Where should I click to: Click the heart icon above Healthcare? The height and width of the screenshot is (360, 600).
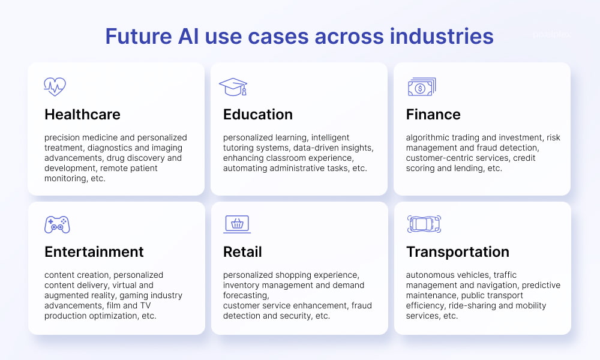(x=55, y=86)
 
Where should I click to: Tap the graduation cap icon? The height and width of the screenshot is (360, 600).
(x=233, y=87)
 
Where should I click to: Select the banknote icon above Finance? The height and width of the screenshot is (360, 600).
(x=422, y=87)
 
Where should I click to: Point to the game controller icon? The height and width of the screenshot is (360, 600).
(x=57, y=224)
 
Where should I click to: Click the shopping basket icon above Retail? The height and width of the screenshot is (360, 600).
(x=237, y=224)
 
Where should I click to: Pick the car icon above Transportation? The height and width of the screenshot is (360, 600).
(x=424, y=224)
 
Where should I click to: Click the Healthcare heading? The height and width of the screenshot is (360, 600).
(x=82, y=115)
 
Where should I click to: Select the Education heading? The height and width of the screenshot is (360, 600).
(x=258, y=115)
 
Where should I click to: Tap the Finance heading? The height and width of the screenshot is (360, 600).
(x=433, y=115)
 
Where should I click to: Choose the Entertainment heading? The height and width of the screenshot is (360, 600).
(x=94, y=252)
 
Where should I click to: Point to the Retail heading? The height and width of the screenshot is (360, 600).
(x=242, y=252)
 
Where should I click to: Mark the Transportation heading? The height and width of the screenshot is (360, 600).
(x=458, y=252)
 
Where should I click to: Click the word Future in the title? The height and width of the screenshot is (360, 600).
(x=139, y=37)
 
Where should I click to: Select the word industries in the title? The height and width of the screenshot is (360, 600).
(x=442, y=37)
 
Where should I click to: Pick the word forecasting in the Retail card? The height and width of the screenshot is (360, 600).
(x=246, y=296)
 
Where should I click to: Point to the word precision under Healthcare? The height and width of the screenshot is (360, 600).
(x=62, y=138)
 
